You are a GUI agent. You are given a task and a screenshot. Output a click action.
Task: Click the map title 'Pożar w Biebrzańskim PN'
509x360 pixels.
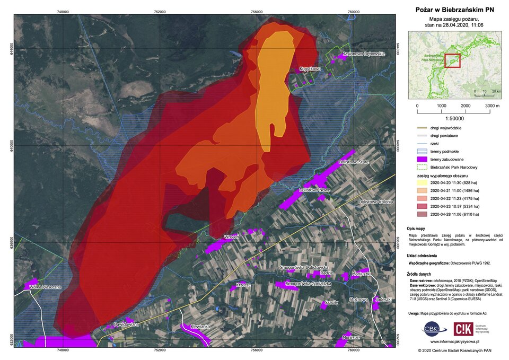click(454, 10)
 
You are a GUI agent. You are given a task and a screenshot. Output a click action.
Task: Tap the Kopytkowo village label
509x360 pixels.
click(310, 69)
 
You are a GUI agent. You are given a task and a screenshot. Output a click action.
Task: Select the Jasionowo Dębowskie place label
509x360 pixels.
click(363, 54)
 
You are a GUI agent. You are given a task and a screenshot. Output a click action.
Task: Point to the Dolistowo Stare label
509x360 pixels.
click(354, 162)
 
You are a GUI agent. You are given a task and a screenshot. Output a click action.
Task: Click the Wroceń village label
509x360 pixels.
click(231, 237)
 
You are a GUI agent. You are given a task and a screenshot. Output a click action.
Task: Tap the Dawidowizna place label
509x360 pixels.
click(126, 324)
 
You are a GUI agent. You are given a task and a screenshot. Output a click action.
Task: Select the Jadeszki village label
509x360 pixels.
click(383, 300)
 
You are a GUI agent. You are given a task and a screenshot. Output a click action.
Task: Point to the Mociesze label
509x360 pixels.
click(352, 337)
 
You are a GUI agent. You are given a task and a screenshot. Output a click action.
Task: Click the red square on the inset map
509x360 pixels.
click(452, 61)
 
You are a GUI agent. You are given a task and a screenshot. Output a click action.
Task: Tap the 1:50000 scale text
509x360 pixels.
click(454, 117)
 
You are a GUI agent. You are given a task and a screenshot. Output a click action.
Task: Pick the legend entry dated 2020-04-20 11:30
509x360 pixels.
click(447, 182)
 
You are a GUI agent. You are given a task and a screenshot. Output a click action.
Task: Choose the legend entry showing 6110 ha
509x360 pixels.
click(447, 214)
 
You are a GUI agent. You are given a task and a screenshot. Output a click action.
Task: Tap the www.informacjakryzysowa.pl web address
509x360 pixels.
click(455, 343)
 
